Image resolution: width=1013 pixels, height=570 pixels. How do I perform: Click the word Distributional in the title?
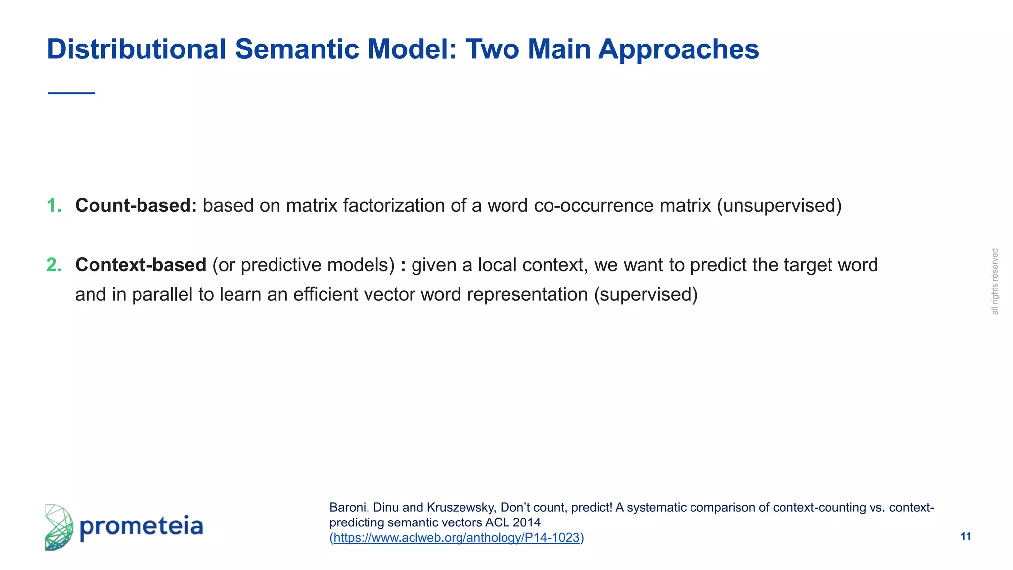pos(136,49)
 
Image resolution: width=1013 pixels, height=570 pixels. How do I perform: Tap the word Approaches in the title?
pos(678,49)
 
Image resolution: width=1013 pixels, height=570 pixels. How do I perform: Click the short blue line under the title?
pos(72,93)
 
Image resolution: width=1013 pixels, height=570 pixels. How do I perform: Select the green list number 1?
pos(54,205)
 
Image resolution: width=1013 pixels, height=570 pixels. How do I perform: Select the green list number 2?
pos(54,265)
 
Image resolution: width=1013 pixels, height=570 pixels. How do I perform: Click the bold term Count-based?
pos(136,205)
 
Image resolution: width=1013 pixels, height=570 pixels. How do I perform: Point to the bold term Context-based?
pos(140,265)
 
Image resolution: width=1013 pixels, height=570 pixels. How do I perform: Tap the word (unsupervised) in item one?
pos(779,205)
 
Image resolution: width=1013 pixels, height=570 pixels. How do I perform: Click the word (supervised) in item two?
pos(645,294)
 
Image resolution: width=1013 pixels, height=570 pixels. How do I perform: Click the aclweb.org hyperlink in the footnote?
pos(456,538)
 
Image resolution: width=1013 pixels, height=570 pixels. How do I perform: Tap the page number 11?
pos(966,536)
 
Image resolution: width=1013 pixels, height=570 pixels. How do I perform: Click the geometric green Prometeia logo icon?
pos(58,527)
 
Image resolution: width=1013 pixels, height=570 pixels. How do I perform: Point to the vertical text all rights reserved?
pos(995,281)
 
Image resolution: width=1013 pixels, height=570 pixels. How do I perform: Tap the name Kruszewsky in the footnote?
pos(460,507)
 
